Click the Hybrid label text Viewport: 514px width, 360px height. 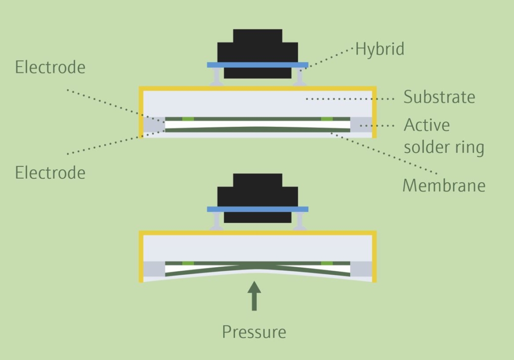tap(379, 49)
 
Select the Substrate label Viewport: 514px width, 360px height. tap(439, 97)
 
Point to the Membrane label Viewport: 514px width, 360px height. tap(444, 185)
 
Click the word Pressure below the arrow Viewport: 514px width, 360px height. tap(254, 332)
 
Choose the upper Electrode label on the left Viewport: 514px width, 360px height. tap(50, 67)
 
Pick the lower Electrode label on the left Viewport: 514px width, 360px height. tap(50, 173)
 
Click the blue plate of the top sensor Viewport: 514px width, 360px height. tap(257, 65)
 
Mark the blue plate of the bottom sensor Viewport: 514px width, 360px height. tap(257, 209)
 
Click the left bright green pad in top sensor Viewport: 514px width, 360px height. tap(188, 119)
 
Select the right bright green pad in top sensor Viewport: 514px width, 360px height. tap(327, 119)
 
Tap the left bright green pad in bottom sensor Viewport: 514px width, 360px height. tap(188, 263)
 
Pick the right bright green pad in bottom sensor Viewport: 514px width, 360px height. tap(327, 263)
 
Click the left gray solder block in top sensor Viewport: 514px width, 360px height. tap(154, 125)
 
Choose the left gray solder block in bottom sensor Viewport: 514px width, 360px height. tap(154, 269)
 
